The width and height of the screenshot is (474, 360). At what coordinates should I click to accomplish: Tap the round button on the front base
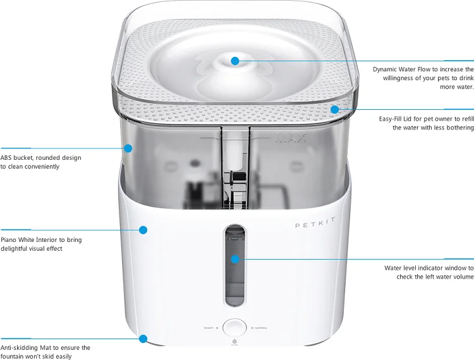pos(234,328)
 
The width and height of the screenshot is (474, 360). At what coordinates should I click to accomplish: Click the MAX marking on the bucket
pos(291,137)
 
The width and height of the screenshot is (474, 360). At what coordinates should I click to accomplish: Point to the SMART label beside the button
pos(209,328)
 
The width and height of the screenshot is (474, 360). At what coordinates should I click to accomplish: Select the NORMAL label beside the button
pos(260,328)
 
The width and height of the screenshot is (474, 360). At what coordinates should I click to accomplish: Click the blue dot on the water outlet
pos(235,61)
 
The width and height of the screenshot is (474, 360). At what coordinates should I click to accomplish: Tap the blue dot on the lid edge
pos(334,109)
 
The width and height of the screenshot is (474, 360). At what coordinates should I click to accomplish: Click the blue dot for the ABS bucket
pos(128,148)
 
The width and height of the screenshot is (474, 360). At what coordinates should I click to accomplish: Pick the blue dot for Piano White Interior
pos(143,230)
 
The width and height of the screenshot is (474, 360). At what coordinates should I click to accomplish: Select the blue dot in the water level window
pos(234,259)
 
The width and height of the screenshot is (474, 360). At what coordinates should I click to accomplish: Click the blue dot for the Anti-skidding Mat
pos(143,339)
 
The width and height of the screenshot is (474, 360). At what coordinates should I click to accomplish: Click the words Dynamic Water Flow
pos(401,69)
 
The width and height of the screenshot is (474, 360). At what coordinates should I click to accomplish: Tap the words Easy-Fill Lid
pos(399,119)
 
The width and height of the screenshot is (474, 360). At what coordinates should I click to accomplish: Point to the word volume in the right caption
pos(462,277)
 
